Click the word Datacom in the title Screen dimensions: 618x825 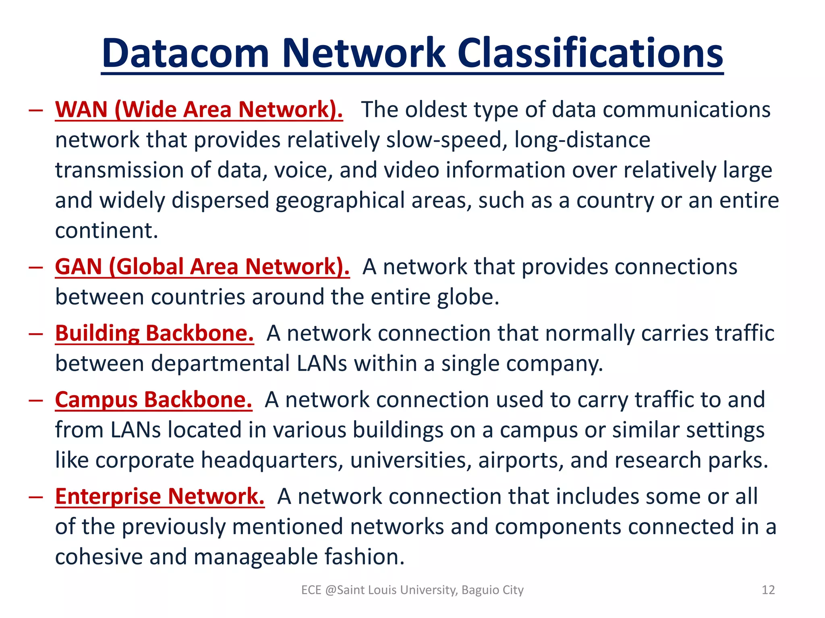pos(185,54)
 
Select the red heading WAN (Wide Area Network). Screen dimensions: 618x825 pos(199,109)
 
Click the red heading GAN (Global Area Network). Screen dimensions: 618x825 pos(202,267)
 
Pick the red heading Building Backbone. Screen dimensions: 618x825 pos(154,333)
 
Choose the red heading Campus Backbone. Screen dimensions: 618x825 pos(153,400)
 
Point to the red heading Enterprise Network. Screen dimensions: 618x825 pos(160,496)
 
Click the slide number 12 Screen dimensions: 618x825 pos(768,590)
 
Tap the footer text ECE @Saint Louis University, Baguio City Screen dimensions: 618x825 pos(412,590)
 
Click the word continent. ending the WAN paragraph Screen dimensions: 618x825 pos(106,231)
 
